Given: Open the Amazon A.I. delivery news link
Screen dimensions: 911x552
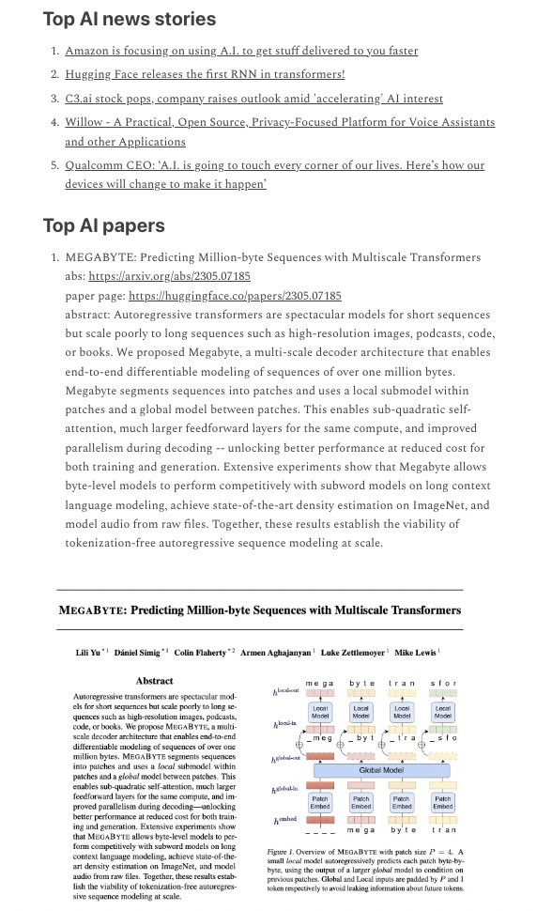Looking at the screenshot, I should coord(241,52).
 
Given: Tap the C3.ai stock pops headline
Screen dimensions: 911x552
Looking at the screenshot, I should coord(253,98).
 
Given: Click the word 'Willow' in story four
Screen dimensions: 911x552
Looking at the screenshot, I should coord(84,122).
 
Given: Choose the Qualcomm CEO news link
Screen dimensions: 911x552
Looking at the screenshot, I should coord(274,165).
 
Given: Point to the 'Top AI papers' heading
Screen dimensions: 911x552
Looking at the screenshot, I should coord(103,225).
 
